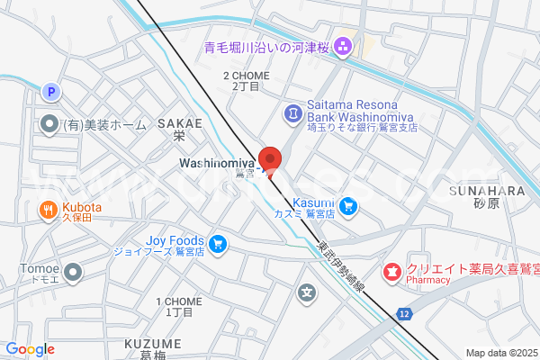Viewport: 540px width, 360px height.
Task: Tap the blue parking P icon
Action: coord(50,91)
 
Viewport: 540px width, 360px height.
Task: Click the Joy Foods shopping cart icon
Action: coord(217,243)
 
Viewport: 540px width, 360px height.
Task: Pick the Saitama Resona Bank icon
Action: coord(293,112)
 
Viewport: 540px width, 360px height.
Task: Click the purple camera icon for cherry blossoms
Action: coord(343,44)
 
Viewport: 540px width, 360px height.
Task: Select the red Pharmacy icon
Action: coord(391,270)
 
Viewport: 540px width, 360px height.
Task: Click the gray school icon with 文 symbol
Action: coord(308,292)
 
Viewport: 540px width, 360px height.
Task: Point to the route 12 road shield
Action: coord(405,312)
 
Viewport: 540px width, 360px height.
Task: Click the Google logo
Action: coord(30,349)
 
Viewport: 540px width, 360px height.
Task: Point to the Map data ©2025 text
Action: coord(501,353)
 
